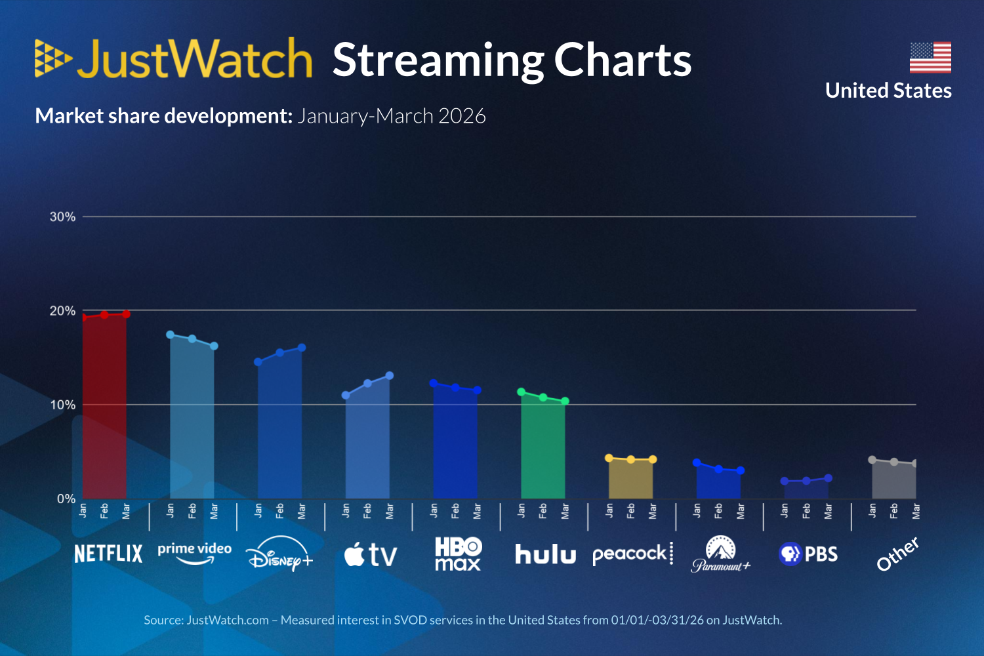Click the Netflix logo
[108, 554]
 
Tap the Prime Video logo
[194, 552]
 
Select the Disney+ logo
[279, 554]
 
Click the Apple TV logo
[371, 555]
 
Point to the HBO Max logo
[458, 554]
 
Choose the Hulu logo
[545, 554]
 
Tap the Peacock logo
[632, 554]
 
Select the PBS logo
[808, 554]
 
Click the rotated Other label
[897, 554]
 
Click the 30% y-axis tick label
[62, 216]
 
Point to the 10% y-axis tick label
[62, 405]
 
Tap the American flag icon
[930, 57]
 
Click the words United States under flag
[888, 91]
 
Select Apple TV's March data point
[389, 376]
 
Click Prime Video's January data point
[170, 335]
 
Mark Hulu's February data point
[543, 398]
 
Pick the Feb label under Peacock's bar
[631, 511]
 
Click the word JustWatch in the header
[195, 59]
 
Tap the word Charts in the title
[623, 60]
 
